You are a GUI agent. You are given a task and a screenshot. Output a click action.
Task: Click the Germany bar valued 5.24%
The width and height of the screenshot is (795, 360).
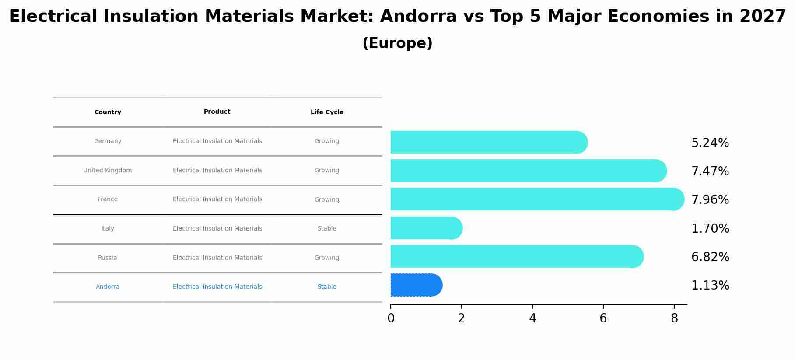point(488,142)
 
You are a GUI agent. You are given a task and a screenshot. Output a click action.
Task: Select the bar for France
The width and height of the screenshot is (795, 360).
point(536,199)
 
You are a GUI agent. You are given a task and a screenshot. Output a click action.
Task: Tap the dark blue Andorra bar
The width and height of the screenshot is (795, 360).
point(416,285)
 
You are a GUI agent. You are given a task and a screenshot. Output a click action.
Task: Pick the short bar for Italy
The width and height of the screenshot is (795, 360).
point(426,228)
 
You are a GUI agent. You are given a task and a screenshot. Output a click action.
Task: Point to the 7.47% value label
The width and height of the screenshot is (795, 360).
point(710,171)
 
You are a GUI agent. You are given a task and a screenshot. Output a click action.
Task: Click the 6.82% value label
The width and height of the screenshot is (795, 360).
point(710,257)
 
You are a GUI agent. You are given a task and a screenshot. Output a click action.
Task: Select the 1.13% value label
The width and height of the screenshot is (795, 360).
point(710,286)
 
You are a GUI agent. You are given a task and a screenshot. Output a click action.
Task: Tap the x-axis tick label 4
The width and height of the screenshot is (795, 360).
point(532,318)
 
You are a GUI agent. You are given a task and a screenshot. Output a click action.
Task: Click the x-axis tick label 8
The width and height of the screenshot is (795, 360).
point(674,318)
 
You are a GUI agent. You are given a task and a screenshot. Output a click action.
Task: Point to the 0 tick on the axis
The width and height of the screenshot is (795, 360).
point(391,318)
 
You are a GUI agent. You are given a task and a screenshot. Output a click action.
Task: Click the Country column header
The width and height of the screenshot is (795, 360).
point(108,112)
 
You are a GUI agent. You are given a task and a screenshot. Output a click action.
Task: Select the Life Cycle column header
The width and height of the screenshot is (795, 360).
point(327,112)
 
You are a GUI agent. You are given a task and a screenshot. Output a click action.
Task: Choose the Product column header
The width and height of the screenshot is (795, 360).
point(217,112)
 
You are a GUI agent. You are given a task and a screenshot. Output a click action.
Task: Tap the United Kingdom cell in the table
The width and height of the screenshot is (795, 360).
point(108,170)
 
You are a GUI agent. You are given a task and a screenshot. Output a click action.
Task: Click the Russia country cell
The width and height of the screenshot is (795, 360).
point(108,258)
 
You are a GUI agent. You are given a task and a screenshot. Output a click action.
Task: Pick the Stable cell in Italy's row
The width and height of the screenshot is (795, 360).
point(327,228)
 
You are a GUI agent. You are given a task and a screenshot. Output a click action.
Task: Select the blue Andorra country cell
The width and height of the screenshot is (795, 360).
point(108,287)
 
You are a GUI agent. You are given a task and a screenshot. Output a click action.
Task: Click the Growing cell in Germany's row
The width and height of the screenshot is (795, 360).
point(327,141)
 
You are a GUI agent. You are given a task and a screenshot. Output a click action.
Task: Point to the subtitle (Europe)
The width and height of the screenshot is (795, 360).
point(397,43)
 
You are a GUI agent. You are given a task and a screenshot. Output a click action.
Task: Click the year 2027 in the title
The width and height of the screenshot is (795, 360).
point(763,17)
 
